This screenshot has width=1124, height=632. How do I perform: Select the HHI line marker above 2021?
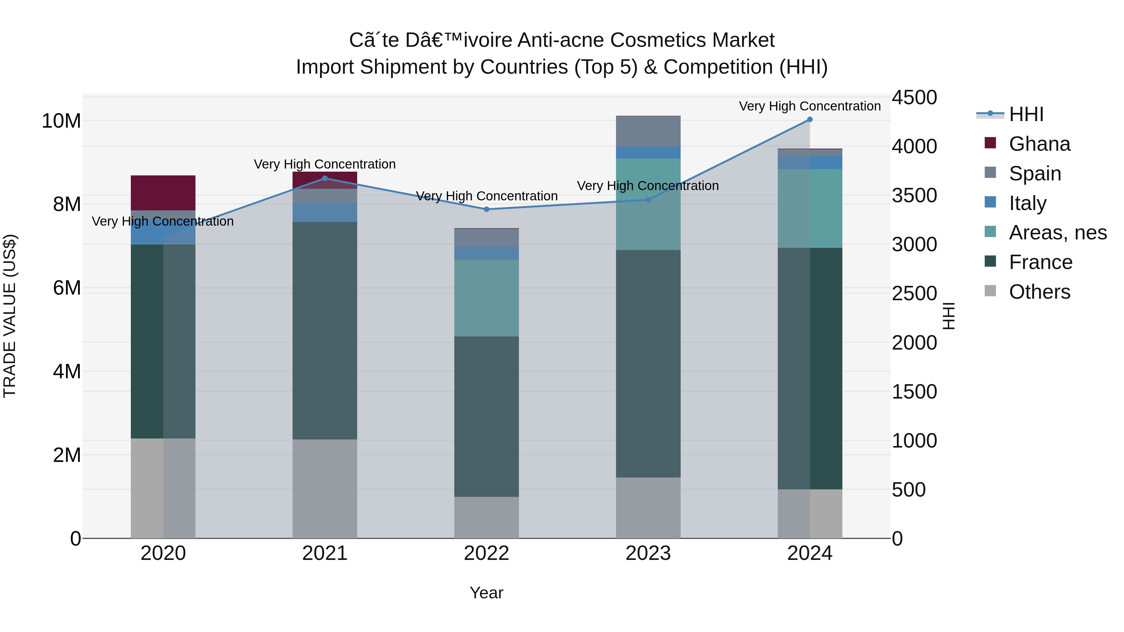325,179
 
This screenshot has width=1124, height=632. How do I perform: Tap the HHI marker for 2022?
486,209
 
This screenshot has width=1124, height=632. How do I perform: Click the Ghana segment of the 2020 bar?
163,193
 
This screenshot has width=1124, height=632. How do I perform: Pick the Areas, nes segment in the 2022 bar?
486,298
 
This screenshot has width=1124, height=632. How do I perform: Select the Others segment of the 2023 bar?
648,508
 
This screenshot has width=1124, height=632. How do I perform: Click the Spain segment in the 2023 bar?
648,132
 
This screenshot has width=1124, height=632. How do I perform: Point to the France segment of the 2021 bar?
325,330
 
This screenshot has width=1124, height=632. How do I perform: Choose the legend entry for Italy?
1028,203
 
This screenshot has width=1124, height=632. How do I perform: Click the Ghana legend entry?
1039,144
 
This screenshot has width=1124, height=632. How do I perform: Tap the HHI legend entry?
1026,114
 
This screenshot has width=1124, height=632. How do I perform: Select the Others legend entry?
1039,292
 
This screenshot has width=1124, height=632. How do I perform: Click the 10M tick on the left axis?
61,121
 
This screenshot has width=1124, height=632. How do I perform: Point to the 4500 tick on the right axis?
914,97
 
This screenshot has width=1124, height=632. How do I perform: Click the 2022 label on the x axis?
486,553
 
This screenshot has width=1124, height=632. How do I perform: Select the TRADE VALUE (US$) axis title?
10,316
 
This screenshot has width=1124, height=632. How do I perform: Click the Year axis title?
486,593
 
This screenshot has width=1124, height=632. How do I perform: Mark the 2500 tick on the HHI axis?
914,294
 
